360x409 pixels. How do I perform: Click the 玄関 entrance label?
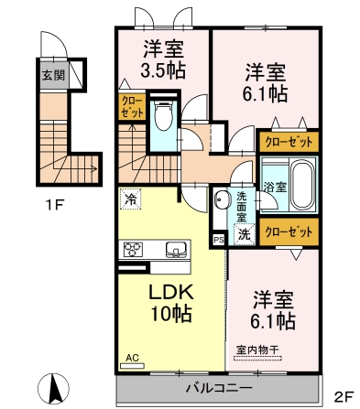(53, 75)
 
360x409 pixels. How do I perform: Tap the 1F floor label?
(54, 204)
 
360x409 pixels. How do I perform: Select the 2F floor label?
(344, 397)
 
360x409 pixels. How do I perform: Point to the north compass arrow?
(54, 388)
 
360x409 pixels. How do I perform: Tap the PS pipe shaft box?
(219, 240)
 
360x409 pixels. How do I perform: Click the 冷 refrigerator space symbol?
(131, 199)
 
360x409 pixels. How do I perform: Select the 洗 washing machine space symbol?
(244, 234)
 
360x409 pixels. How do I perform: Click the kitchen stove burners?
(133, 249)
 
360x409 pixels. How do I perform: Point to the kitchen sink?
(176, 249)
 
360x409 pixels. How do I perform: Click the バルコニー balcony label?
(219, 388)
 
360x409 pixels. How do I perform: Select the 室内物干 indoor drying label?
(258, 350)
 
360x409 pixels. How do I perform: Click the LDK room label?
(171, 292)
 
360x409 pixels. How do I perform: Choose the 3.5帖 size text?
(162, 70)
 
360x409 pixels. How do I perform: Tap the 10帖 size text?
(171, 314)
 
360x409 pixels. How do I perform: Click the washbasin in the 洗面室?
(221, 199)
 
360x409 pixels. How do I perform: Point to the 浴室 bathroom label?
(276, 188)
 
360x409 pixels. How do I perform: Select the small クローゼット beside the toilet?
(132, 107)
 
